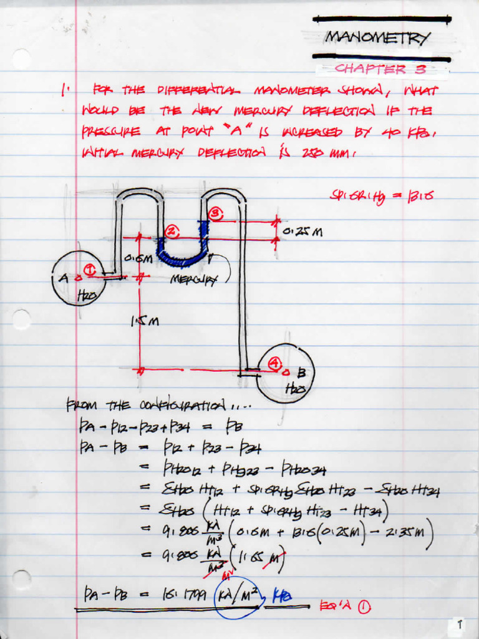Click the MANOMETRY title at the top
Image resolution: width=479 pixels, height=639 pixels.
tap(377, 38)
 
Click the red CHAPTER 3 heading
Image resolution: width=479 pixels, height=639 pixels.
tap(380, 69)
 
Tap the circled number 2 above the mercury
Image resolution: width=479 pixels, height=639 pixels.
tap(172, 232)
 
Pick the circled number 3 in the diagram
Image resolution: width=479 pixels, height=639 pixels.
tap(215, 214)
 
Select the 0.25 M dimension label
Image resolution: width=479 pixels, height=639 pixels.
tap(302, 232)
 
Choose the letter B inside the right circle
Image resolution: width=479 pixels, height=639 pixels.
tap(301, 373)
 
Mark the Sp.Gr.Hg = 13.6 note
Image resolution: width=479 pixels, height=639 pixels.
tap(381, 197)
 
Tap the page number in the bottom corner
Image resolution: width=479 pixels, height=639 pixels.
tap(460, 623)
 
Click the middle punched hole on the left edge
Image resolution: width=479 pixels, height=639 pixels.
tap(21, 319)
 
